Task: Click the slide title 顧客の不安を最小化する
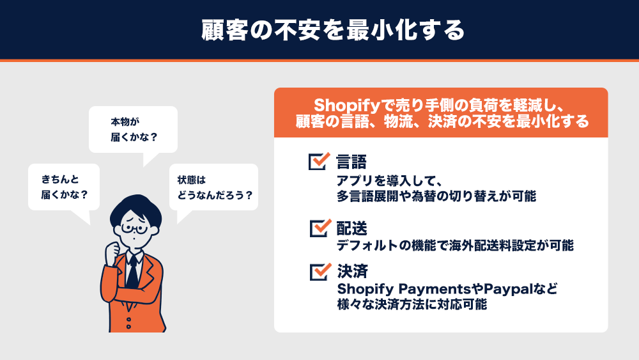(333, 30)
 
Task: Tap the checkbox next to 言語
(319, 161)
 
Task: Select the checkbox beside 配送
(320, 228)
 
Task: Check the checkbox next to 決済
(320, 272)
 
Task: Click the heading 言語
(351, 162)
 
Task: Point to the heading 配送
(351, 228)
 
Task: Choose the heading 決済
(353, 272)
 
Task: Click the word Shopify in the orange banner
(347, 106)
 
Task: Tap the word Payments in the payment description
(435, 289)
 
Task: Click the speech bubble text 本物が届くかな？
(134, 129)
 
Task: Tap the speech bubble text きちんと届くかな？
(65, 187)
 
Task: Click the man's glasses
(134, 229)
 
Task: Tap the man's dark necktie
(132, 272)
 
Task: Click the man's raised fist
(112, 253)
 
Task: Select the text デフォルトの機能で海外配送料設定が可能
(455, 246)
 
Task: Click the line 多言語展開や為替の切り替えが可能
(436, 196)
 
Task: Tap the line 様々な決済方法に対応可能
(412, 304)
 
